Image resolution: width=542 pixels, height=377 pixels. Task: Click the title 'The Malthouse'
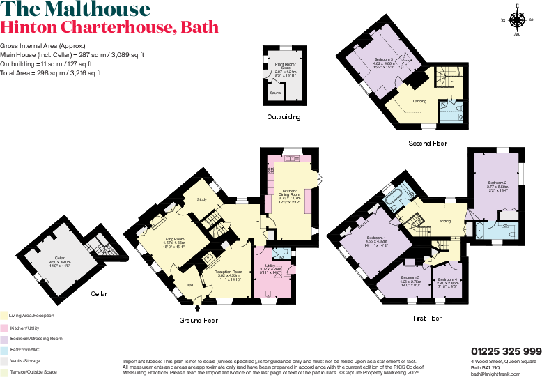[x=75, y=10]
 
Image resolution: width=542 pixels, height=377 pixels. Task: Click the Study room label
[x=202, y=200]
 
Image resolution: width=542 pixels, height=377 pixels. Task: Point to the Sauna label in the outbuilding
[x=277, y=91]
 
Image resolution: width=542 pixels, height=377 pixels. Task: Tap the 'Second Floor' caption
[x=428, y=144]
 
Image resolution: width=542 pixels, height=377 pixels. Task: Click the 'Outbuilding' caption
[x=284, y=117]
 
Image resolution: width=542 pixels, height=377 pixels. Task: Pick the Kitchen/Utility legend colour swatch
[x=3, y=327]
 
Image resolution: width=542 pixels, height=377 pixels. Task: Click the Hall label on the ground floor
[x=189, y=285]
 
